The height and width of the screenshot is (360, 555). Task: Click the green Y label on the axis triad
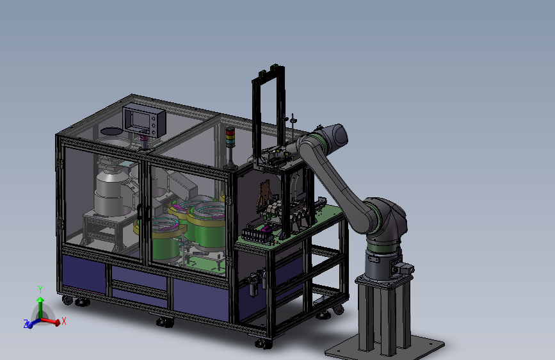(x=40, y=290)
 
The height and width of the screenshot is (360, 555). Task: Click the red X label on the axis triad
(x=64, y=321)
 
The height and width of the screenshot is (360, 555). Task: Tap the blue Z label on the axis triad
(x=26, y=323)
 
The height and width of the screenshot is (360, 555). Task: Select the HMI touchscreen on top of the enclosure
(x=145, y=120)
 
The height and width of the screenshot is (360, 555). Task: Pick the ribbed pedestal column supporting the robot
(x=383, y=315)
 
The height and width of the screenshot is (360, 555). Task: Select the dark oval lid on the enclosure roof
(x=111, y=131)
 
